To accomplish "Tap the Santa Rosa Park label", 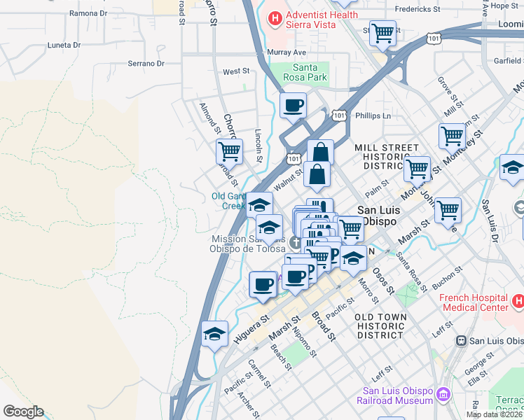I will [x=310, y=72].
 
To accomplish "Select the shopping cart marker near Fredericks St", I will [x=383, y=32].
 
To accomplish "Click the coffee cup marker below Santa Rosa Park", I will [x=293, y=106].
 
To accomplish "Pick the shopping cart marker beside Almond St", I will [x=229, y=150].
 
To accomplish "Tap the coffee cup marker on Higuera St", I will [x=263, y=284].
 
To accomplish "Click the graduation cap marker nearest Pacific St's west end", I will [x=214, y=334].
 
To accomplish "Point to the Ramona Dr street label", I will [x=88, y=13].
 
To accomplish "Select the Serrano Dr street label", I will [x=145, y=64].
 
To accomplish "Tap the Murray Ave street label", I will [x=287, y=52].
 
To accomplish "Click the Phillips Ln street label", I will [x=373, y=115].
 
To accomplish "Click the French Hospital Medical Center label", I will [x=474, y=302].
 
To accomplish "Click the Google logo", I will [x=23, y=412].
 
